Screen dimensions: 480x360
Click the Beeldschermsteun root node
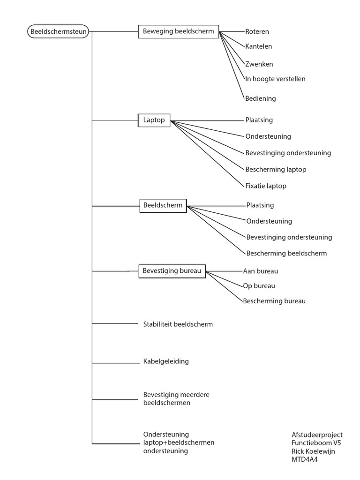58,32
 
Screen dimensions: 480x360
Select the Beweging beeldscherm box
178,32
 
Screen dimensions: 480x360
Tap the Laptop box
154,120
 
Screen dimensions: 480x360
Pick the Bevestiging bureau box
172,271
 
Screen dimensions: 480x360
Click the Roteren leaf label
257,32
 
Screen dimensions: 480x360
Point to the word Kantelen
258,46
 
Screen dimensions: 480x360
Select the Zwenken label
259,64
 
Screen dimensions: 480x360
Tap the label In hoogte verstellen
275,79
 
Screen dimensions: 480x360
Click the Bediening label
260,98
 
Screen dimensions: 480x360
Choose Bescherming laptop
276,169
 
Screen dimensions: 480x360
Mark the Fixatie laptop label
265,186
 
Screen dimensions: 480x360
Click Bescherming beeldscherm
286,253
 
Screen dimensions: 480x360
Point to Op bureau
259,286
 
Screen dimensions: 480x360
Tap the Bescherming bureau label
274,301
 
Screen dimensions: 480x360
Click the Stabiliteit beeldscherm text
178,324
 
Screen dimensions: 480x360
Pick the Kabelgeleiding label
166,361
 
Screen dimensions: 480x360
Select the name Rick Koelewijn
313,451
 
